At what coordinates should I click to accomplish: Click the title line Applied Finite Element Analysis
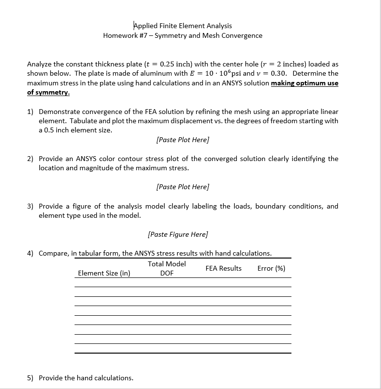(x=183, y=26)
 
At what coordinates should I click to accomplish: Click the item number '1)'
(x=30, y=112)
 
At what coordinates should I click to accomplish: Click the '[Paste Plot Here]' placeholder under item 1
(x=183, y=140)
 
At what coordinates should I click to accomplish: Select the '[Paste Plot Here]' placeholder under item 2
(x=183, y=187)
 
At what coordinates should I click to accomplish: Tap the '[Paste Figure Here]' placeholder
(x=178, y=234)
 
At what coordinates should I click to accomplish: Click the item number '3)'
(x=30, y=206)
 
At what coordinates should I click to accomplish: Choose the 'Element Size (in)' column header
(x=104, y=273)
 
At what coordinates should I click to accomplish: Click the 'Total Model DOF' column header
(x=167, y=268)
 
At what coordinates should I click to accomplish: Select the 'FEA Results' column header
(x=223, y=268)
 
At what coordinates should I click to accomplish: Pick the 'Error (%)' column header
(x=271, y=268)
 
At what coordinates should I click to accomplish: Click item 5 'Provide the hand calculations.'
(x=86, y=378)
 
